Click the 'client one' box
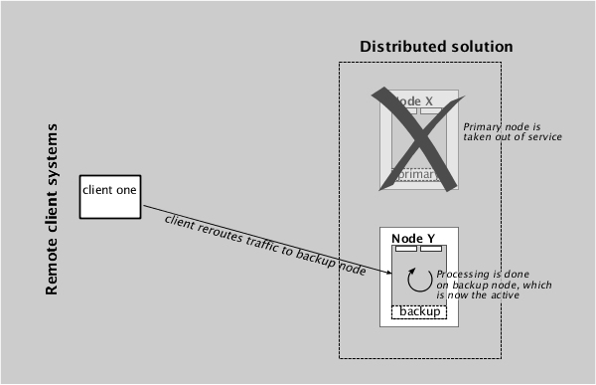click(x=109, y=195)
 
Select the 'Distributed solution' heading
click(x=436, y=47)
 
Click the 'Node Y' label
click(x=413, y=238)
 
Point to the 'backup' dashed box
click(x=419, y=312)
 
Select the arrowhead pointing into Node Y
click(x=387, y=274)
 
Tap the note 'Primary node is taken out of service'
click(x=513, y=131)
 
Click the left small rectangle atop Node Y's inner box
click(x=406, y=249)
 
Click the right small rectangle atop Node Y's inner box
click(x=431, y=249)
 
